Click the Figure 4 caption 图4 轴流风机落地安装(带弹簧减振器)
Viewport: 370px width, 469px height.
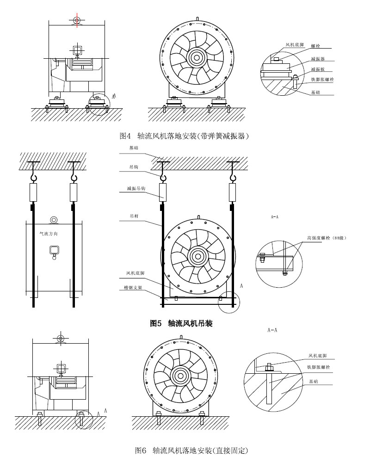[184, 136]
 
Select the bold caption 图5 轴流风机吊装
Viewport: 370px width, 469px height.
[181, 324]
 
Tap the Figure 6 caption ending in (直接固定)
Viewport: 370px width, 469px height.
[191, 450]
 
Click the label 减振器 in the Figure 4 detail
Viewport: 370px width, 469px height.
[318, 60]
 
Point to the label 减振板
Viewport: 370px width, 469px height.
[318, 69]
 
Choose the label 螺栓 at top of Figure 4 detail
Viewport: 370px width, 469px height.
[314, 46]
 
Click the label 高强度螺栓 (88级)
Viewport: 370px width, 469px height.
[327, 238]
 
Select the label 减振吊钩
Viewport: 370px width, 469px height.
[135, 189]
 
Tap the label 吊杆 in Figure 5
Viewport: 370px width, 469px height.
[133, 216]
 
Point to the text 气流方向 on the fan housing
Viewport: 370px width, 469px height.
[50, 234]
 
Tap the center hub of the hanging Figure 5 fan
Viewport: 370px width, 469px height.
[198, 256]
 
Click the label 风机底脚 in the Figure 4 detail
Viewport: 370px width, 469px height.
[294, 45]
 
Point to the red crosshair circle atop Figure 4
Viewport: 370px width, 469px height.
[77, 20]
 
